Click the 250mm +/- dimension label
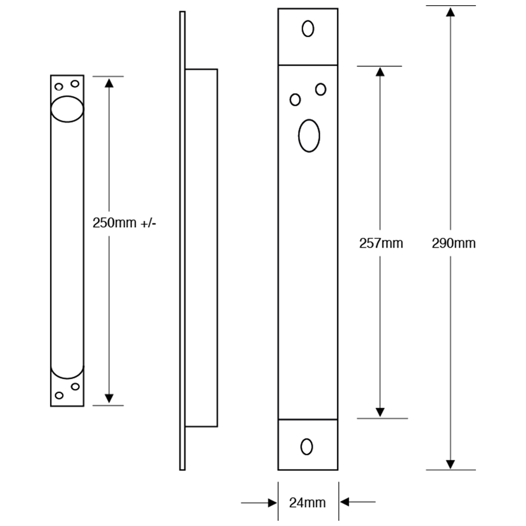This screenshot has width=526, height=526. pyautogui.click(x=124, y=222)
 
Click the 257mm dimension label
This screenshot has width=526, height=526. pyautogui.click(x=381, y=243)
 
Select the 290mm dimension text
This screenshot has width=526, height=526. pyautogui.click(x=453, y=243)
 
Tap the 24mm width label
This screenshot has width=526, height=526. pyautogui.click(x=308, y=502)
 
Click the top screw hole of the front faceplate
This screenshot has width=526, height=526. pyautogui.click(x=307, y=28)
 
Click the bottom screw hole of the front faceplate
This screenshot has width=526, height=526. pyautogui.click(x=307, y=446)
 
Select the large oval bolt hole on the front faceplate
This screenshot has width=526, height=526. pyautogui.click(x=309, y=135)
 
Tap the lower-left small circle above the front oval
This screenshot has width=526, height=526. pyautogui.click(x=296, y=99)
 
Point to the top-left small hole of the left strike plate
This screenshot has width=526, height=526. pyautogui.click(x=59, y=86)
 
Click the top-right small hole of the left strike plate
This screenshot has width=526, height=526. pyautogui.click(x=75, y=84)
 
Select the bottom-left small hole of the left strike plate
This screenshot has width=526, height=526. pyautogui.click(x=59, y=396)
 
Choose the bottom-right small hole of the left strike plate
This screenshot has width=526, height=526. pyautogui.click(x=75, y=387)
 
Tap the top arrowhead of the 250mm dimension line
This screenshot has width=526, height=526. pyautogui.click(x=109, y=83)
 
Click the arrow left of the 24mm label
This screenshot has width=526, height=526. pyautogui.click(x=272, y=502)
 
